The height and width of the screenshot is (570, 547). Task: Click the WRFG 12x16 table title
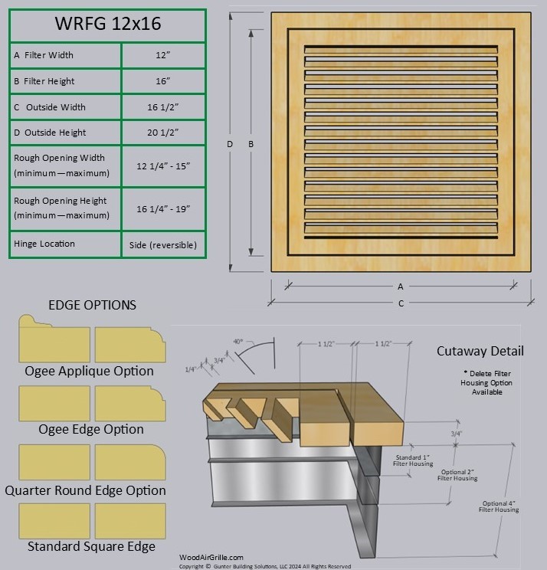click(x=107, y=24)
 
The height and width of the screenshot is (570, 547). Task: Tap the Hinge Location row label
click(x=44, y=244)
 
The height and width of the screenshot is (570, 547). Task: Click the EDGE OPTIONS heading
click(x=92, y=305)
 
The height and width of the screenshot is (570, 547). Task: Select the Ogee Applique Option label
click(x=89, y=371)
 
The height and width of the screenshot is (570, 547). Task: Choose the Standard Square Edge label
click(x=91, y=546)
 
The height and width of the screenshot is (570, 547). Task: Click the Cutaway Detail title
click(x=480, y=351)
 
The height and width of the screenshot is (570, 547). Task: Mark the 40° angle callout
click(x=238, y=341)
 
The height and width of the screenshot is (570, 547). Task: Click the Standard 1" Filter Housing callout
click(x=413, y=460)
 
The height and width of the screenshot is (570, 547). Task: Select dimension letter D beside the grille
click(x=231, y=144)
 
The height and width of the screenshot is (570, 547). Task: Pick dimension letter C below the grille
click(x=401, y=303)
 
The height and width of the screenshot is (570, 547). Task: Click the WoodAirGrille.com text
click(x=211, y=558)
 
